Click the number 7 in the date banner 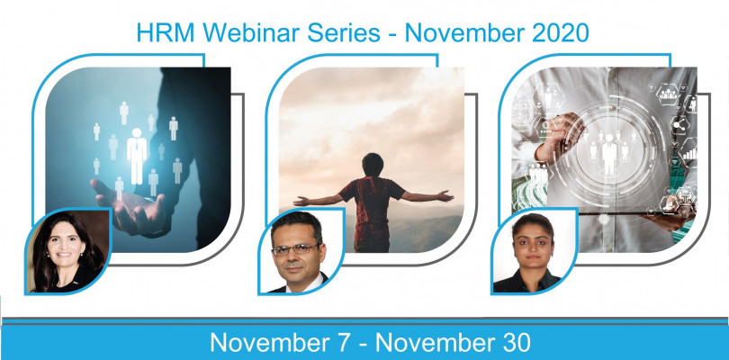point(348,343)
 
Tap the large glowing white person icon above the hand point(137,157)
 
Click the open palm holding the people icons point(128,204)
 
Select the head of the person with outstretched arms point(373,165)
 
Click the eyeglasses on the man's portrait point(295,250)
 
